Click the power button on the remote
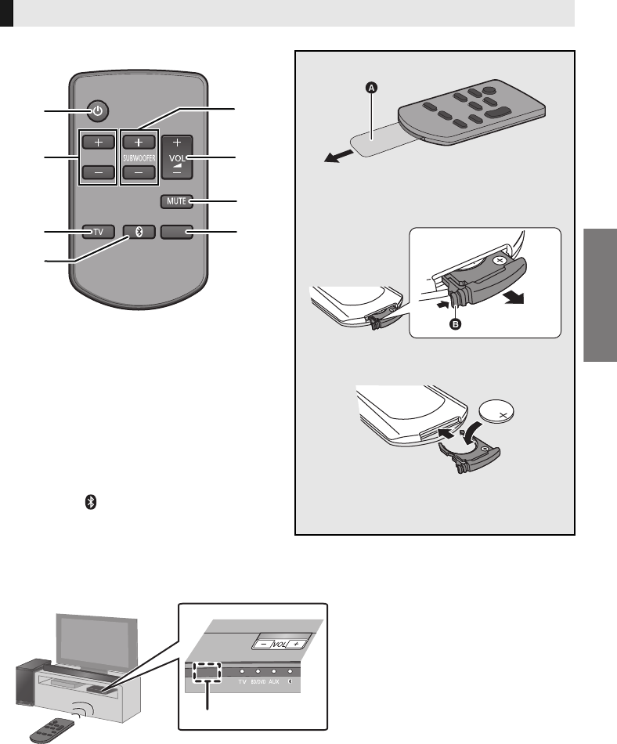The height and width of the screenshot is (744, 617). [97, 111]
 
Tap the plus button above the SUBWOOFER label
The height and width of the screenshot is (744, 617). [138, 143]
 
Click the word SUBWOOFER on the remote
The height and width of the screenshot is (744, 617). [138, 157]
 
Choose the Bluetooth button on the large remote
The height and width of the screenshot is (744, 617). [138, 232]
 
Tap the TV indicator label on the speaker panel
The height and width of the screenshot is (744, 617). [241, 682]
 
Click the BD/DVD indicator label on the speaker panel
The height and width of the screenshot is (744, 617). [257, 682]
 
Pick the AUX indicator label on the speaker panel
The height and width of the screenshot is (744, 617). [273, 682]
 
